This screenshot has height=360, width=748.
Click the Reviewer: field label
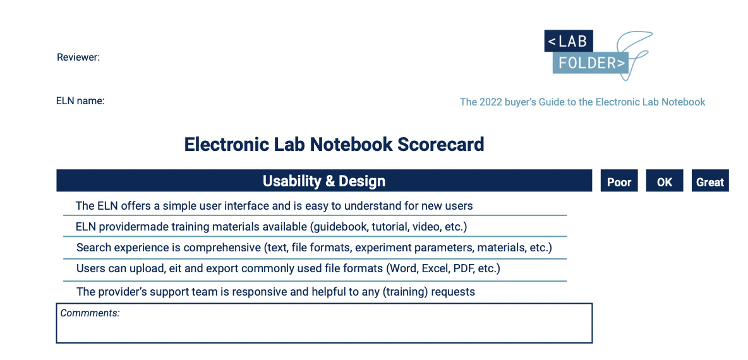78,57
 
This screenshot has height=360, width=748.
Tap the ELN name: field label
80,101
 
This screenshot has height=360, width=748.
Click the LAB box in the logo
569,41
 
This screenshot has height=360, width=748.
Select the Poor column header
619,181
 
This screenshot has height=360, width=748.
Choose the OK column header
665,181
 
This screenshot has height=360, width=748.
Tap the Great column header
710,181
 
